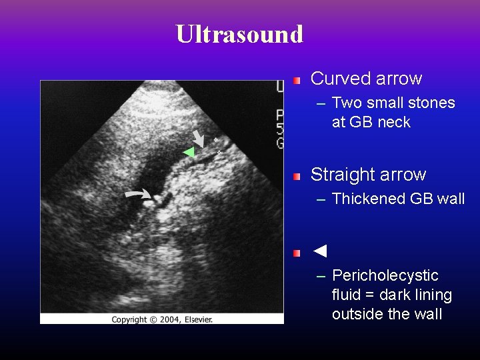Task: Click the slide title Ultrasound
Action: click(x=239, y=33)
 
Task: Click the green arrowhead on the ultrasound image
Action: click(x=189, y=153)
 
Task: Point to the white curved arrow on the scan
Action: click(x=139, y=194)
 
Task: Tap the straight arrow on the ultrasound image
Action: click(x=198, y=139)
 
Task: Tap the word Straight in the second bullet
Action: click(x=342, y=175)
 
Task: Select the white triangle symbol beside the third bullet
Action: click(x=320, y=251)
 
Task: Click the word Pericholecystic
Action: click(x=385, y=275)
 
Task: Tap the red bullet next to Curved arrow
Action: click(x=297, y=80)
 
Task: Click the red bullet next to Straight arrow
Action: click(x=297, y=176)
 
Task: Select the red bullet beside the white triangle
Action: click(x=297, y=253)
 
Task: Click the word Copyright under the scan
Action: click(x=129, y=319)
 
